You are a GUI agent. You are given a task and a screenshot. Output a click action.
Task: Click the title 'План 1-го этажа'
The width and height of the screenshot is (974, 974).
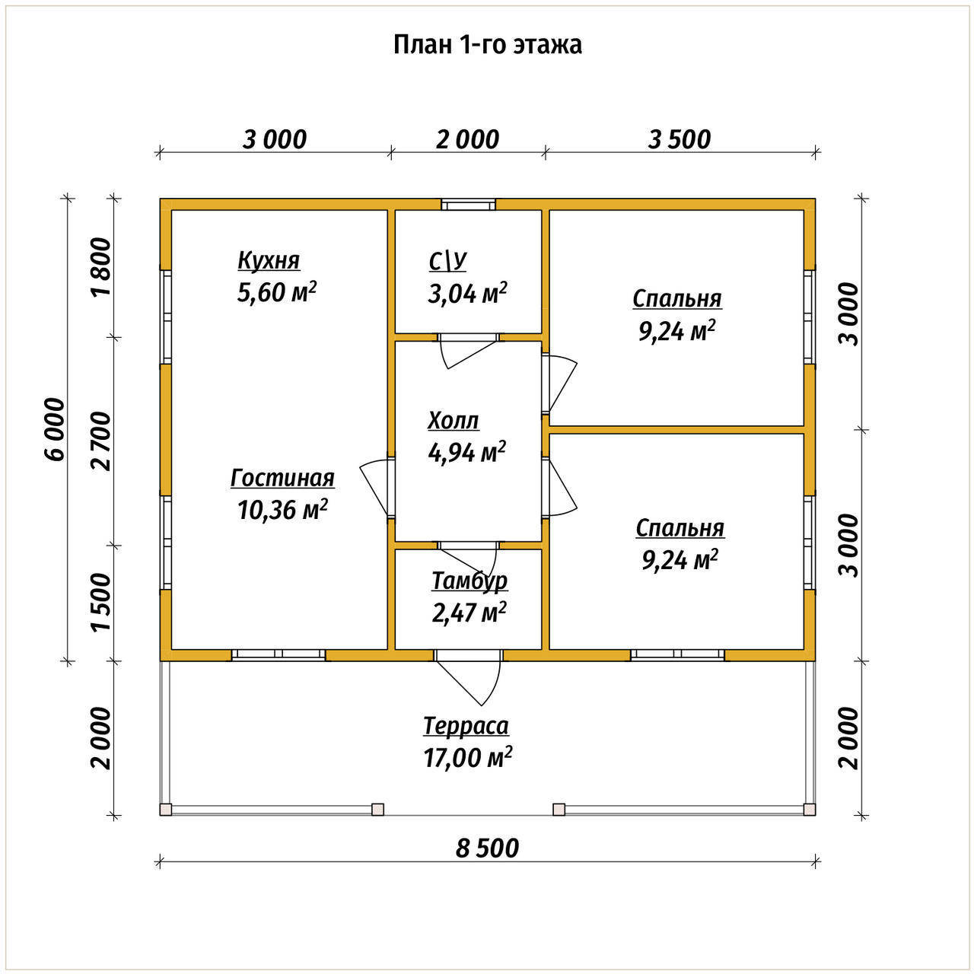[x=487, y=45]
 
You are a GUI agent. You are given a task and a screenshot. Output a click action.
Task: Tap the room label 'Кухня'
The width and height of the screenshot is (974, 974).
[x=269, y=261]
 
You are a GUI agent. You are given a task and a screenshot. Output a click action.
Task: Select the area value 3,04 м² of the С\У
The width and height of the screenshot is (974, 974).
[x=467, y=293]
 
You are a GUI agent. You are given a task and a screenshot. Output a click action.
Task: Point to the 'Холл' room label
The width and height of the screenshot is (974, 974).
[x=453, y=420]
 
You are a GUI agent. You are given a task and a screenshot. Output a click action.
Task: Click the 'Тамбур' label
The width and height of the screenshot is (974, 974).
[x=469, y=581]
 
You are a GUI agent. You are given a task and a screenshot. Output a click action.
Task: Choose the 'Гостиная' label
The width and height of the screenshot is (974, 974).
[x=282, y=478]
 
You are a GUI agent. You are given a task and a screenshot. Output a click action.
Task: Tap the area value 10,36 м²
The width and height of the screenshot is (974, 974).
[x=282, y=510]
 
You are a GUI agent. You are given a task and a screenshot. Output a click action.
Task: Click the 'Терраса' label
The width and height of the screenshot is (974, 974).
[x=466, y=727]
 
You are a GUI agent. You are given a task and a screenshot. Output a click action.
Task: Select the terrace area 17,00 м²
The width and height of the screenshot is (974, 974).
[x=467, y=757]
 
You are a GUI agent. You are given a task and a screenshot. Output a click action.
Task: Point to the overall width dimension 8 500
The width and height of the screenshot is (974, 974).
[x=487, y=848]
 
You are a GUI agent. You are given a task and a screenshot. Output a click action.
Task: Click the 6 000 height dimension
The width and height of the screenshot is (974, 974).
[x=55, y=429]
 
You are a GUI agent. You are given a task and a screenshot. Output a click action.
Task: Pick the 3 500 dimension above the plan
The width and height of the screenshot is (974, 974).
[x=680, y=139]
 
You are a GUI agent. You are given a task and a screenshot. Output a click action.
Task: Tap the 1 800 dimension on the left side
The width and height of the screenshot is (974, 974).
[x=100, y=267]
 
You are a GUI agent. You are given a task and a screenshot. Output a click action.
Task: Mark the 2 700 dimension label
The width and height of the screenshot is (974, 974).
[x=100, y=441]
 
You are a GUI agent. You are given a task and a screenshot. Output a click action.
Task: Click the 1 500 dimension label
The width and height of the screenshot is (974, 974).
[x=100, y=602]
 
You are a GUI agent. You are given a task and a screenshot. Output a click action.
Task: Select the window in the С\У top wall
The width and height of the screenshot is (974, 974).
[x=468, y=205]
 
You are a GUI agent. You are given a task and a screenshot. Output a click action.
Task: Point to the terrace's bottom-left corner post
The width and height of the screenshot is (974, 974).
[x=166, y=809]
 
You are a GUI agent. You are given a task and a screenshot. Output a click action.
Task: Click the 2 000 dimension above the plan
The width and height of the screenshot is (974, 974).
[x=467, y=139]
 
